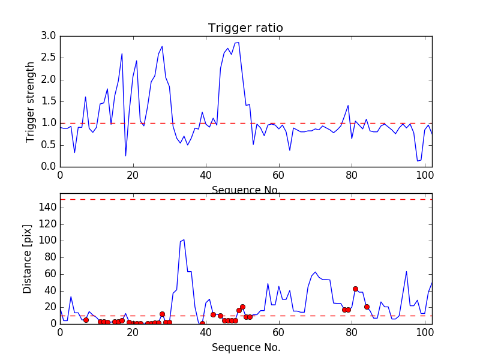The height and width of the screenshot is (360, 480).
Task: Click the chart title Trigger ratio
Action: [x=245, y=28]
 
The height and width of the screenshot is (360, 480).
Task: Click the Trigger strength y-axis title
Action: [x=31, y=101]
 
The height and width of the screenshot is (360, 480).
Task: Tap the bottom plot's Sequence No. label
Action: [x=246, y=347]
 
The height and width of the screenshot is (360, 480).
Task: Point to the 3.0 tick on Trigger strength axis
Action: [x=49, y=36]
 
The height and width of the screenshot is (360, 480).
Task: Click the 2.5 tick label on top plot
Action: [x=49, y=58]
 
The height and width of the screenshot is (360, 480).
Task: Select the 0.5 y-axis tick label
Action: [x=49, y=145]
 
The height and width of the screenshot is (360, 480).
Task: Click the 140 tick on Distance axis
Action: [x=47, y=208]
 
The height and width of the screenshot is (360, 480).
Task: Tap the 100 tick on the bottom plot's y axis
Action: [x=47, y=241]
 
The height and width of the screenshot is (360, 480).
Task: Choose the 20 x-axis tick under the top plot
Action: [x=133, y=175]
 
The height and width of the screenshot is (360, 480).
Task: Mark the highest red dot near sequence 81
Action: [x=355, y=289]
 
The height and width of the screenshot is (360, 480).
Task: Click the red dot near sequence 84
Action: [x=367, y=307]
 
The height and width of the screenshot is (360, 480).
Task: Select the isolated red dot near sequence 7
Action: [x=86, y=320]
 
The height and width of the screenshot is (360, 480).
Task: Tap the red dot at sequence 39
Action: [x=202, y=323]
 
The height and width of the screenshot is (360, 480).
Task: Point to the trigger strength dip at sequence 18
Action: [x=125, y=156]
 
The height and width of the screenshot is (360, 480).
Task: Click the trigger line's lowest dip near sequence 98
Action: [x=418, y=161]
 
